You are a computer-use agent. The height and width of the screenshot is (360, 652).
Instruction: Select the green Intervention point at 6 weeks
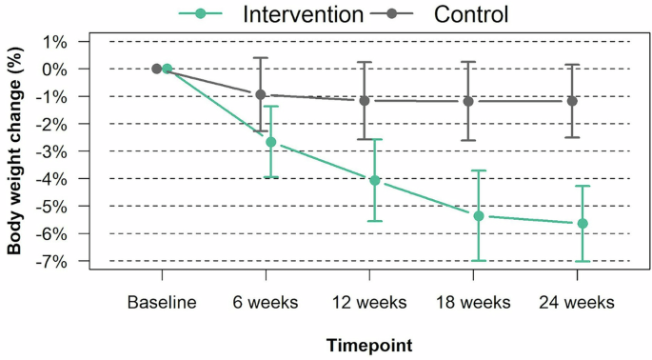(x=271, y=142)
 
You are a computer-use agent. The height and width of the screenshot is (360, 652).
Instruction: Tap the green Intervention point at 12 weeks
(x=375, y=180)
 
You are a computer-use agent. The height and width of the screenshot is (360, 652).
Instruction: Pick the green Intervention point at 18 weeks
(x=479, y=216)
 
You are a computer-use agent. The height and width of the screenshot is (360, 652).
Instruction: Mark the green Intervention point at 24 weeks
(x=583, y=224)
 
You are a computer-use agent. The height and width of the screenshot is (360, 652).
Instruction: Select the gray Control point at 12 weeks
(x=365, y=101)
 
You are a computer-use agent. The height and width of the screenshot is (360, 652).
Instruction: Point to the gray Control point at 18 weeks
(x=468, y=102)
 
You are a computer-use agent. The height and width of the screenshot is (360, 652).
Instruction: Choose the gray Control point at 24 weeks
(x=572, y=101)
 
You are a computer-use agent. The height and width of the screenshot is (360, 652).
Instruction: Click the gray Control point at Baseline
(x=157, y=69)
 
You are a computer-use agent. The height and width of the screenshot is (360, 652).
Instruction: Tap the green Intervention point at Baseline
(x=167, y=69)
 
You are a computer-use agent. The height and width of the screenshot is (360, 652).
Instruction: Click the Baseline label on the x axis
(x=162, y=302)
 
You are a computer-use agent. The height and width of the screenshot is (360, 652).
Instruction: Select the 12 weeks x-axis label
(x=369, y=302)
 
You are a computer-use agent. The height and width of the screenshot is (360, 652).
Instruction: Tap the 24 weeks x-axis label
(x=578, y=302)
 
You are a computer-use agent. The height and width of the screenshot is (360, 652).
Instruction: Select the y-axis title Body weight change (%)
(x=15, y=151)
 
